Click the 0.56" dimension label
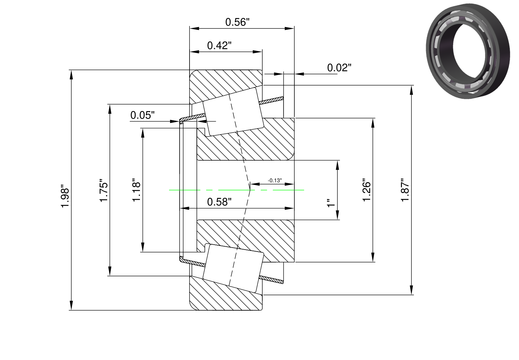(237, 22)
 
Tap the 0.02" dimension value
(339, 68)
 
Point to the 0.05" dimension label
(143, 115)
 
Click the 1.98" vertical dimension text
(65, 198)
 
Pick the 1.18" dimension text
(137, 190)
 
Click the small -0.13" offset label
(275, 180)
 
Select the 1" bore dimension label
(330, 203)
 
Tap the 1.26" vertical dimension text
(367, 190)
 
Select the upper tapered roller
(233, 112)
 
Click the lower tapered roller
(233, 268)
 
